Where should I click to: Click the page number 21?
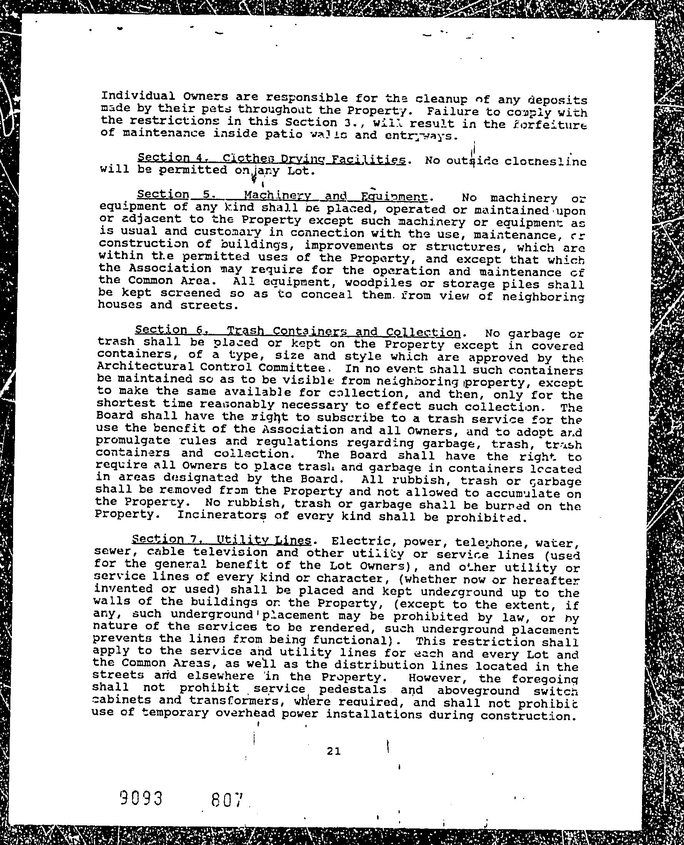[333, 751]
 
